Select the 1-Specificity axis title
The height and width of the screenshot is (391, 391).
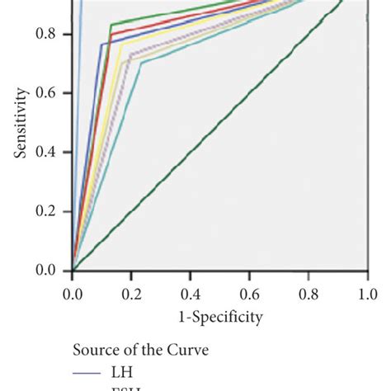219,317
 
